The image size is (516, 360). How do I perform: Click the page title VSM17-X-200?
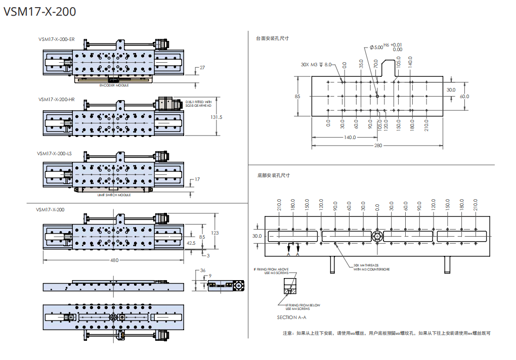40,12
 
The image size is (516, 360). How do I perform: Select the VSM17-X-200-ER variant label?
56,39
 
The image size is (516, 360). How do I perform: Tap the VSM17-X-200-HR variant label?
56,100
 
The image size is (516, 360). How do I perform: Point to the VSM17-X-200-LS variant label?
55,153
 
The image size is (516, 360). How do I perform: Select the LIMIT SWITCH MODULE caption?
114,195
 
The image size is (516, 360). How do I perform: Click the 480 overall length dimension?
114,260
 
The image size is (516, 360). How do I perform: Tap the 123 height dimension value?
215,233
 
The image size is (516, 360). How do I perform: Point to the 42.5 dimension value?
191,243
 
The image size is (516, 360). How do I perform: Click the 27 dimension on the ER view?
202,68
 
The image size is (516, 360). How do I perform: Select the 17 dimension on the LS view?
197,179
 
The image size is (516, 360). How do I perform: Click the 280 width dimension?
378,145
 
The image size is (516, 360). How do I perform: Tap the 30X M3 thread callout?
316,65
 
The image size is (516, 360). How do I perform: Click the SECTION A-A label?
291,317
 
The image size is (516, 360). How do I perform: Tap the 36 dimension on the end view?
203,271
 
